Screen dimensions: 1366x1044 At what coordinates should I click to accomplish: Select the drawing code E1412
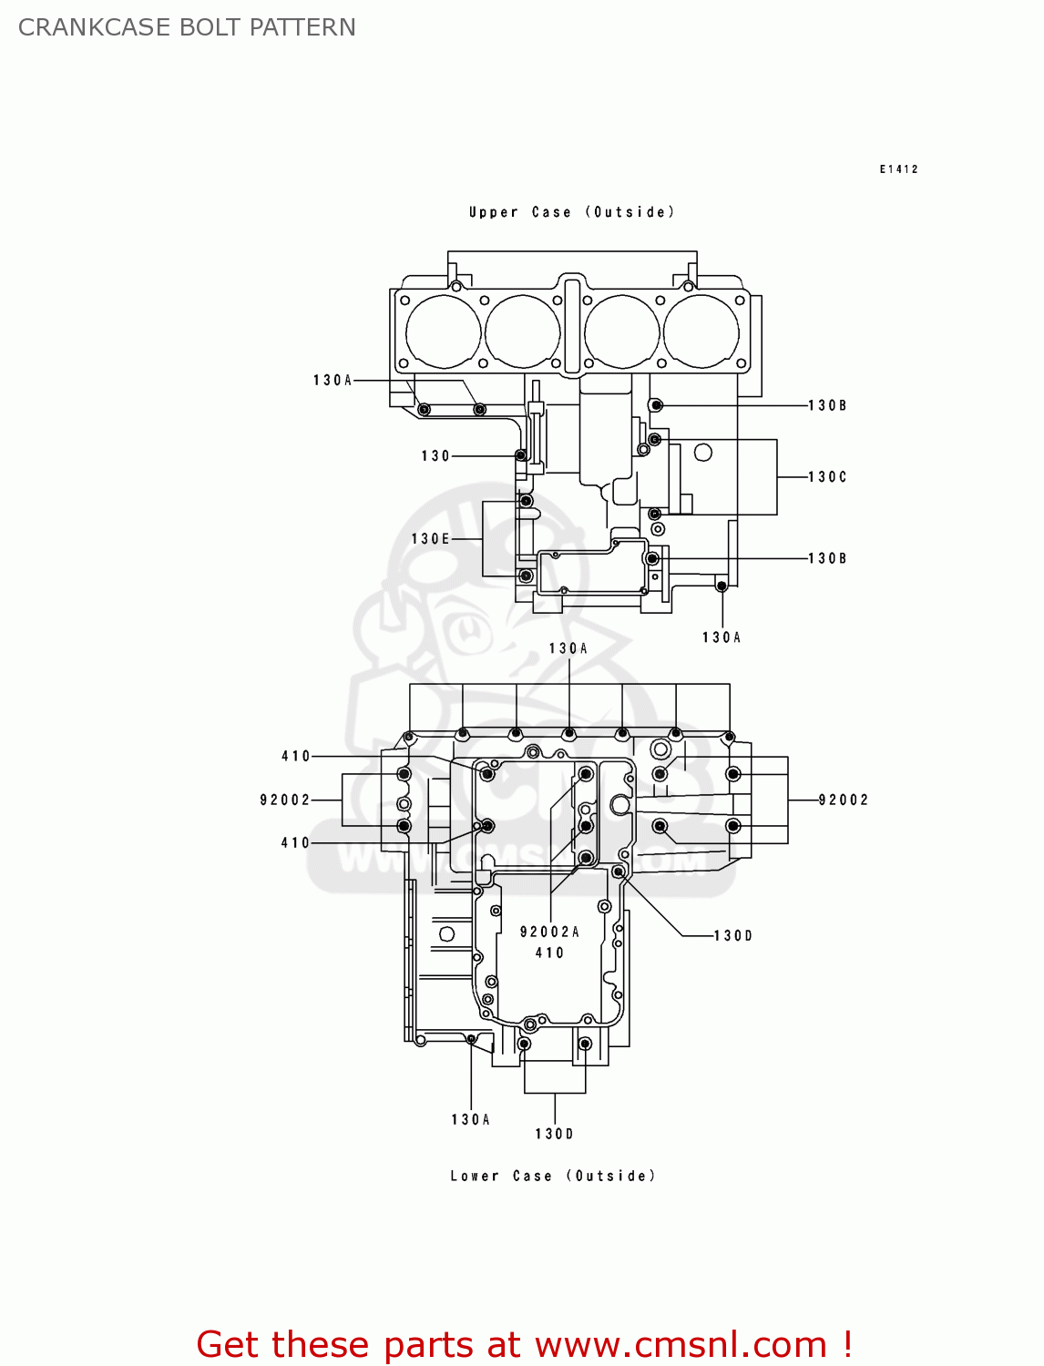(x=898, y=169)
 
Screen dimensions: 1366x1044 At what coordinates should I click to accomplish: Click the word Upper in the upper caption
(x=493, y=212)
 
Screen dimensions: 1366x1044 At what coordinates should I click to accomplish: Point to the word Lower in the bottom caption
(x=475, y=1176)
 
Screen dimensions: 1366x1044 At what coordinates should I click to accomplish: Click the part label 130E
(x=430, y=539)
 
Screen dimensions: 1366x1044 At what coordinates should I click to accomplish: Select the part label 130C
(x=827, y=477)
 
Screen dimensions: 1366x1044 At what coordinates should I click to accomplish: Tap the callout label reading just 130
(x=435, y=456)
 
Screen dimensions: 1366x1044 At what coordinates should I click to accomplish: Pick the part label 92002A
(x=549, y=932)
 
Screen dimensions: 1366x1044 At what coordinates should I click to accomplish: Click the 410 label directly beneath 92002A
(x=549, y=953)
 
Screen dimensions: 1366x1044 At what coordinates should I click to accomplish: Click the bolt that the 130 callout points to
(x=521, y=455)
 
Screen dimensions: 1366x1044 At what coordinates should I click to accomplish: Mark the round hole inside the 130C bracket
(x=703, y=453)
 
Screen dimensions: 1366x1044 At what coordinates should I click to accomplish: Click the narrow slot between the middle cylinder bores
(x=571, y=327)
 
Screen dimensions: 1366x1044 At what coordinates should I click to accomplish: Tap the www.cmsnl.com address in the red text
(x=681, y=1345)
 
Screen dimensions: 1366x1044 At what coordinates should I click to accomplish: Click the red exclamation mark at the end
(x=847, y=1345)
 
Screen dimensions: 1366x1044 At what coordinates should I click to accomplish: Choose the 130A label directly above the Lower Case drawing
(x=568, y=648)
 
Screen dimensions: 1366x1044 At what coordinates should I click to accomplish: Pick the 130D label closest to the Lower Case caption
(x=554, y=1134)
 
